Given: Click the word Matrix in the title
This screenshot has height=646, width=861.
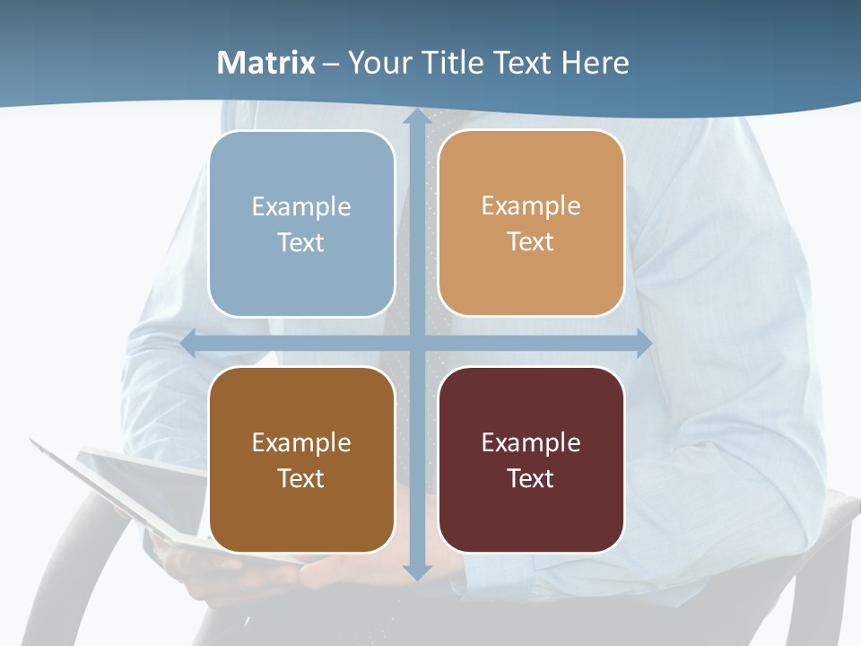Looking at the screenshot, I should [x=266, y=63].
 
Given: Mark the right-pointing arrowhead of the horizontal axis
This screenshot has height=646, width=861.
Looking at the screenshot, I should [x=643, y=343].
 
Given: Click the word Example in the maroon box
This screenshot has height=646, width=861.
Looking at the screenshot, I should [x=531, y=442].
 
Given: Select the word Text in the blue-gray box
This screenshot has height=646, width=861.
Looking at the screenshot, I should [x=300, y=243].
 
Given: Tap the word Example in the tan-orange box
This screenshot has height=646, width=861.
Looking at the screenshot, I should [x=531, y=205].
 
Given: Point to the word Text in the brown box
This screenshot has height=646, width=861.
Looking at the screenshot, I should [x=300, y=478].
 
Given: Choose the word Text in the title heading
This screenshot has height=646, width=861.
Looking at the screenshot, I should [x=521, y=63].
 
